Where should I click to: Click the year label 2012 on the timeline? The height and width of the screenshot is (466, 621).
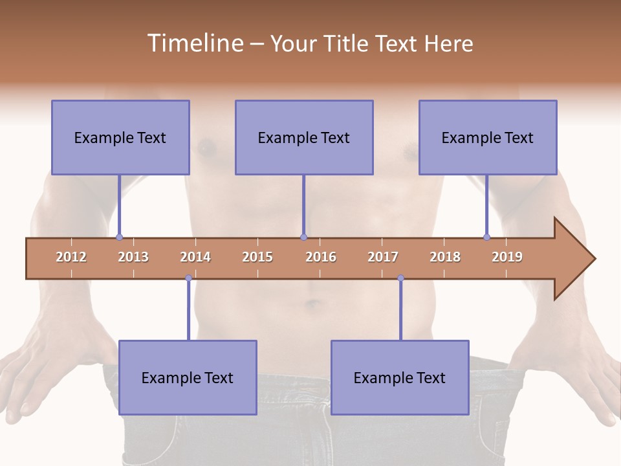[x=71, y=257]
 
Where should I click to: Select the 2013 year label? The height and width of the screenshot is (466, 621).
[x=133, y=257]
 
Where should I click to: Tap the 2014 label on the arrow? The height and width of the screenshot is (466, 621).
[x=195, y=257]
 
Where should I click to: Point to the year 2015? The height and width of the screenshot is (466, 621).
[x=257, y=257]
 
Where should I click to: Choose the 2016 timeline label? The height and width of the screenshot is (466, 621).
[x=321, y=257]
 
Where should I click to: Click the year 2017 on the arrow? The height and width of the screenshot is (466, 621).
[x=383, y=257]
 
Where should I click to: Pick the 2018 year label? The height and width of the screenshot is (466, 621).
[x=445, y=257]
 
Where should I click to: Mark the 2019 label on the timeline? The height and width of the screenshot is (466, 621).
[x=507, y=257]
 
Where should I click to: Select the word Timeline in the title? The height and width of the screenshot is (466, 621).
[x=194, y=43]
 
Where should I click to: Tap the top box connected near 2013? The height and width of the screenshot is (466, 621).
[x=120, y=137]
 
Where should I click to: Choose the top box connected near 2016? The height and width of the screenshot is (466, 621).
[x=304, y=137]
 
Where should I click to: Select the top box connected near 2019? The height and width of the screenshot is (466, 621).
[x=488, y=137]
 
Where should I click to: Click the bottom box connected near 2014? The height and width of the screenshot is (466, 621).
[x=188, y=377]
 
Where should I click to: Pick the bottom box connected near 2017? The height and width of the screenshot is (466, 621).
[x=400, y=377]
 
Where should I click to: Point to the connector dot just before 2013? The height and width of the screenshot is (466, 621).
[x=119, y=238]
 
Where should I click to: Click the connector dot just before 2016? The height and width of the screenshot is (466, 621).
[x=303, y=238]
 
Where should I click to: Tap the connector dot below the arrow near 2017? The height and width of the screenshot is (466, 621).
[x=400, y=278]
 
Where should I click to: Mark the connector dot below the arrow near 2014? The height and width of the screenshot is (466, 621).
[x=188, y=278]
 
